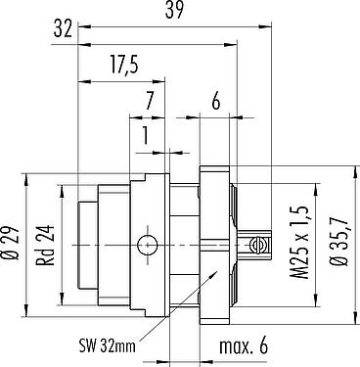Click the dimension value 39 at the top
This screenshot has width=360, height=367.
(x=174, y=10)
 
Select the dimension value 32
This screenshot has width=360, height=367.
(x=63, y=29)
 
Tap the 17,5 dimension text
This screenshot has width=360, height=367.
(x=124, y=65)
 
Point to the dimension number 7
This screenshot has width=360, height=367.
(x=149, y=102)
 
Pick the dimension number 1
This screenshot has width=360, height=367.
(x=146, y=136)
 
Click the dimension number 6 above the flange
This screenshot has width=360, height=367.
(x=216, y=102)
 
